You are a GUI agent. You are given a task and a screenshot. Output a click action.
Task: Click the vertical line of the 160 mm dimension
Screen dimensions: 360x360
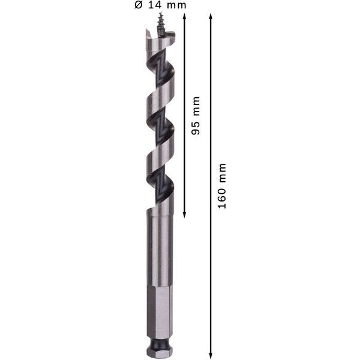[210, 270]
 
